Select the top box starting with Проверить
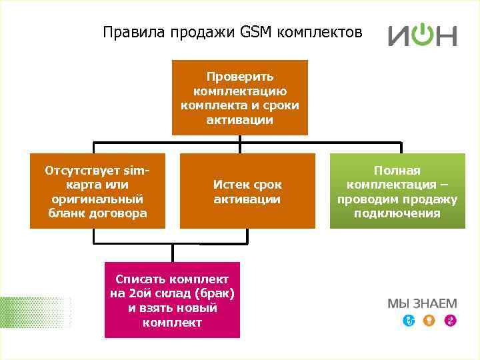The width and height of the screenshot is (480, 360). point(240,97)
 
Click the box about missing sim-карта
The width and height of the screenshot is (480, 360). point(97,191)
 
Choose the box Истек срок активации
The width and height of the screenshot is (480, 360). point(247,191)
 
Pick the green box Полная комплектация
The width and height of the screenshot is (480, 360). point(397,191)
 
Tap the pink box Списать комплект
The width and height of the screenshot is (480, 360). point(172,300)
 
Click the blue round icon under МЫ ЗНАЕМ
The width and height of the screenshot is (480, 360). point(409,321)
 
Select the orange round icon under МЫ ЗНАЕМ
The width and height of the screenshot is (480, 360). point(430,321)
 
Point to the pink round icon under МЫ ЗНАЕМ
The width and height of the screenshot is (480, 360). point(451,321)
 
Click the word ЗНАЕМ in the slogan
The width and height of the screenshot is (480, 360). point(436,304)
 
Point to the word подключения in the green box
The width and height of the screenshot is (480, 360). point(397,213)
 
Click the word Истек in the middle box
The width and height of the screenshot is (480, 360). point(229,185)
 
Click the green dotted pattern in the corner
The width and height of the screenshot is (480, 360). point(33,313)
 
